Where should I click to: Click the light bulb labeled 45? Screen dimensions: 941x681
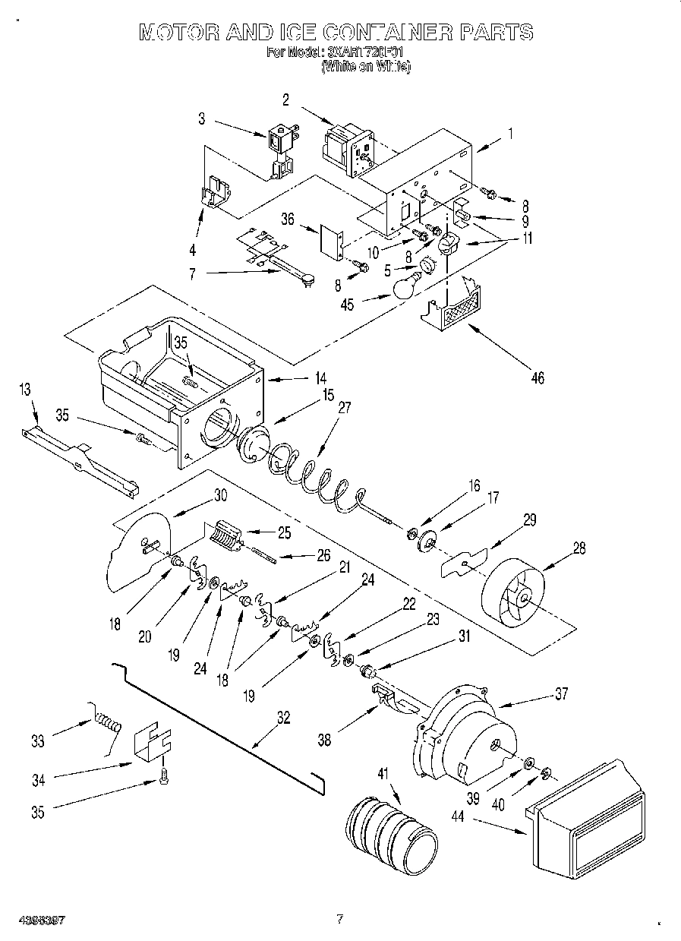[406, 287]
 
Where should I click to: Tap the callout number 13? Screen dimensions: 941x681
[26, 390]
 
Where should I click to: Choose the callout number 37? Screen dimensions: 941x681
[562, 693]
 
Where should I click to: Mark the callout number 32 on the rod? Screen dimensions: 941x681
[282, 718]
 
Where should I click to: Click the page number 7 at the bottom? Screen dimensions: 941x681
[339, 919]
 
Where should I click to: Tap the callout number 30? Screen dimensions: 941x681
[220, 494]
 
